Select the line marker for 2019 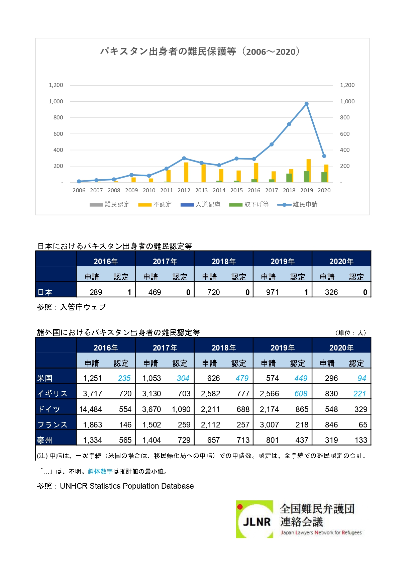[306, 104]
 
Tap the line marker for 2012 [184, 158]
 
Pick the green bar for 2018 [289, 178]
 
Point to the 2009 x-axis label [131, 190]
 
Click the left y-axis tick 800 [58, 117]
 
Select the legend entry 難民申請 [298, 204]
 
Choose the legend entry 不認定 [155, 204]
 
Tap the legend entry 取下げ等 [249, 204]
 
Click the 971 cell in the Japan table [272, 292]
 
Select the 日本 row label [45, 292]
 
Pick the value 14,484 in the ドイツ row [90, 409]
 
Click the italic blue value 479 [242, 378]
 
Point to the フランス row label [52, 425]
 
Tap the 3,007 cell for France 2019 [269, 425]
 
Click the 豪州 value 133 [361, 440]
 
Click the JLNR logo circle [254, 519]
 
